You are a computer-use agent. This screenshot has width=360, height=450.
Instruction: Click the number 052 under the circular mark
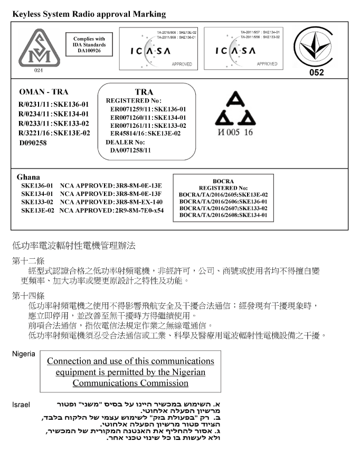(316, 73)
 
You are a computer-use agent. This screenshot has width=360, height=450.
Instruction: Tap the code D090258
(33, 143)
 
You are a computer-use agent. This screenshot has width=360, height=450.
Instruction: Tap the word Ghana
(29, 177)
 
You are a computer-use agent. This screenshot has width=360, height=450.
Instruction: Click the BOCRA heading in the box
(223, 181)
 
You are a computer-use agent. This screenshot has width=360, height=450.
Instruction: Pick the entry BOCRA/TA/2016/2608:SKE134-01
(223, 215)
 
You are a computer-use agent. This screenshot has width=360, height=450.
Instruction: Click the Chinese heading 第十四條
(29, 295)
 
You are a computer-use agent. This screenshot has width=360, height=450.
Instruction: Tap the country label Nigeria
(24, 354)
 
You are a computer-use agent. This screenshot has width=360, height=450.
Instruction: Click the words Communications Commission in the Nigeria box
(130, 382)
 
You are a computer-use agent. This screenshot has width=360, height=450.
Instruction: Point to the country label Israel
(21, 405)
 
